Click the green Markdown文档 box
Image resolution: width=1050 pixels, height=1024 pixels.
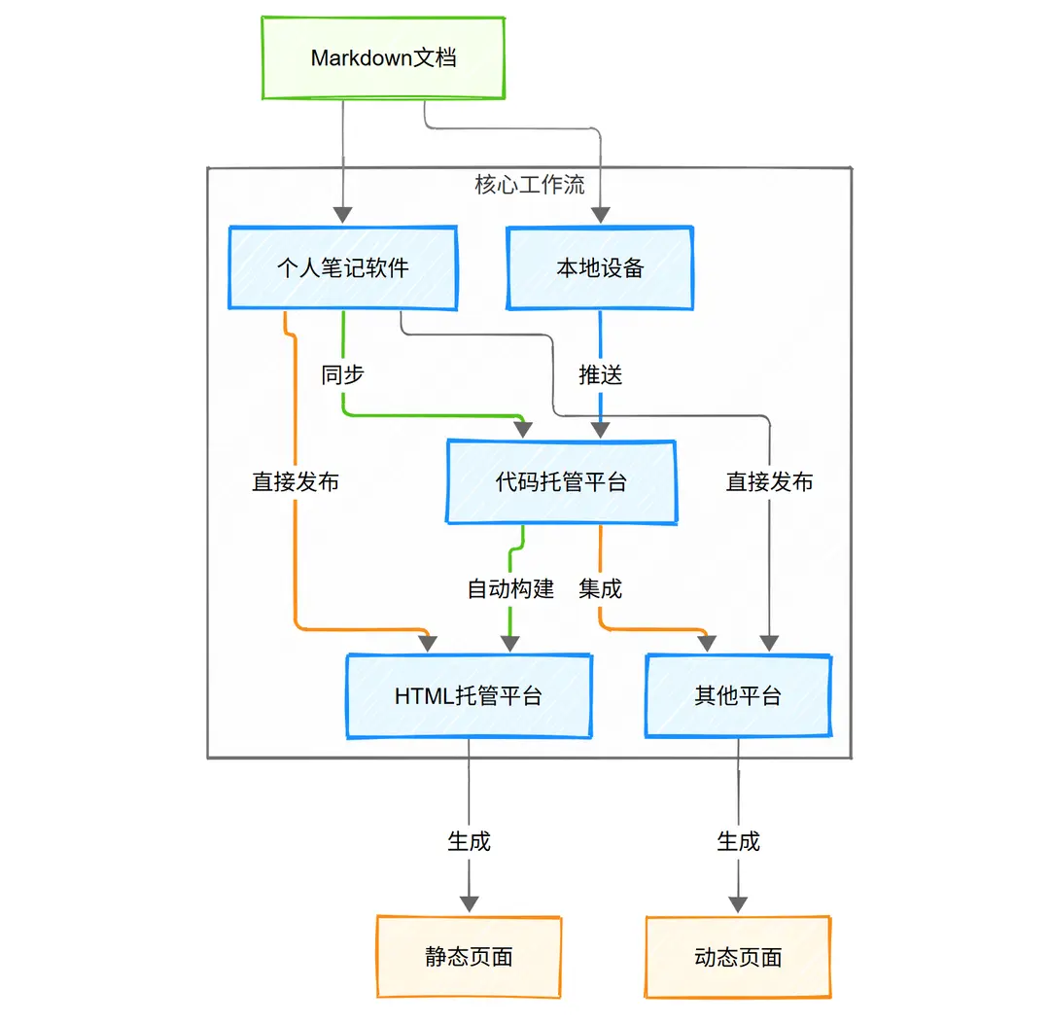pyautogui.click(x=384, y=58)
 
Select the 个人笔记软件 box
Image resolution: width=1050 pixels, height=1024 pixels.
pyautogui.click(x=342, y=268)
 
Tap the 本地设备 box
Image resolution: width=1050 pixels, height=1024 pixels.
pyautogui.click(x=600, y=268)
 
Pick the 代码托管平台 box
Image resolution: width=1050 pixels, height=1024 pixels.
pyautogui.click(x=561, y=481)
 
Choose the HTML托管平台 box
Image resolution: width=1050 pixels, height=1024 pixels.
pyautogui.click(x=469, y=696)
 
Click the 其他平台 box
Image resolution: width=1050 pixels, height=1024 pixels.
pyautogui.click(x=738, y=696)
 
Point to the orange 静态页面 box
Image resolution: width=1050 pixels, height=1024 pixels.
pyautogui.click(x=469, y=957)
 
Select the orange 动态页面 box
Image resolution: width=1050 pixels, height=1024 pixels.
pyautogui.click(x=738, y=957)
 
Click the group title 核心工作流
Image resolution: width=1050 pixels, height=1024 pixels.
pyautogui.click(x=530, y=185)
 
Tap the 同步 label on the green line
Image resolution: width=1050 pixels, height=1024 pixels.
pyautogui.click(x=342, y=375)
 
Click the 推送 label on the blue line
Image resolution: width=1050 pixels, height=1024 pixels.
pyautogui.click(x=600, y=375)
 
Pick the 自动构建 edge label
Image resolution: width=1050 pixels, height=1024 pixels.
pyautogui.click(x=510, y=588)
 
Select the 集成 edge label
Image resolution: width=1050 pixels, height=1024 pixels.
pyautogui.click(x=600, y=588)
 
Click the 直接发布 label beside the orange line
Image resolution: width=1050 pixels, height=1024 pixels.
pyautogui.click(x=296, y=481)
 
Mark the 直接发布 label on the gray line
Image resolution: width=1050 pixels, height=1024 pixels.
pyautogui.click(x=769, y=481)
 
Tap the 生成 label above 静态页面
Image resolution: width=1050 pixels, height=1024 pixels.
pyautogui.click(x=469, y=841)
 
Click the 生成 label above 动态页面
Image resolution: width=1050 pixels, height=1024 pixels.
pyautogui.click(x=738, y=841)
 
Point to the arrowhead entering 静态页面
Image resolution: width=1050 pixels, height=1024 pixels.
pyautogui.click(x=469, y=903)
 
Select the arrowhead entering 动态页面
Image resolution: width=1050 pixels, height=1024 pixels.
pyautogui.click(x=738, y=903)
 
